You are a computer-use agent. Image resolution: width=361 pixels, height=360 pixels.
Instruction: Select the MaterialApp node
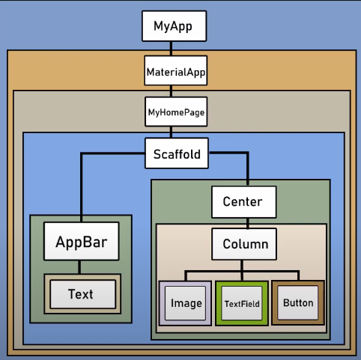tap(175, 73)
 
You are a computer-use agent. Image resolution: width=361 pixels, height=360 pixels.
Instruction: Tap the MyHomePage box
tap(175, 114)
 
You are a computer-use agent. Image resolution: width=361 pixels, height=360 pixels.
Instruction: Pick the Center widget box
tap(242, 201)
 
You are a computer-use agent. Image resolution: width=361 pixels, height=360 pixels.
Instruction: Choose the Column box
tap(241, 243)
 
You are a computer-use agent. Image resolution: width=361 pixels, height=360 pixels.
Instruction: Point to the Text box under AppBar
tap(80, 294)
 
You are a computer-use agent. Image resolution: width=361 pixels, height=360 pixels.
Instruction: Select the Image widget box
tap(185, 304)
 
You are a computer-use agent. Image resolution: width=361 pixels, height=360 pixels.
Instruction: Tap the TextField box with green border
tap(241, 304)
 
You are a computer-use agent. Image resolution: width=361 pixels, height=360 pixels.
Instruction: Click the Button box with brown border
tap(297, 304)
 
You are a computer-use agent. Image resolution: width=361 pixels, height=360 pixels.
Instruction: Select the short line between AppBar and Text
tap(80, 266)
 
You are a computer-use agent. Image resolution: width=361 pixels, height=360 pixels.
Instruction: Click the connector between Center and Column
tap(241, 221)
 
